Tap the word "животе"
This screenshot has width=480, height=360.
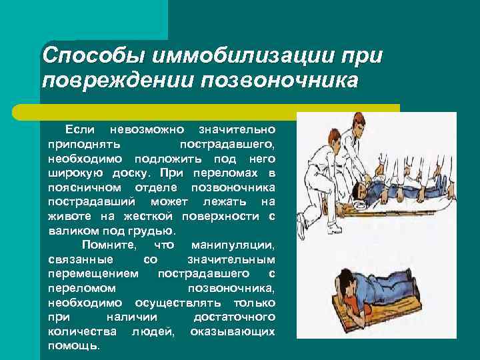(66, 216)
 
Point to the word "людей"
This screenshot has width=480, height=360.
(153, 331)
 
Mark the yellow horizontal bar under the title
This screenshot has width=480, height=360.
(220, 107)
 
